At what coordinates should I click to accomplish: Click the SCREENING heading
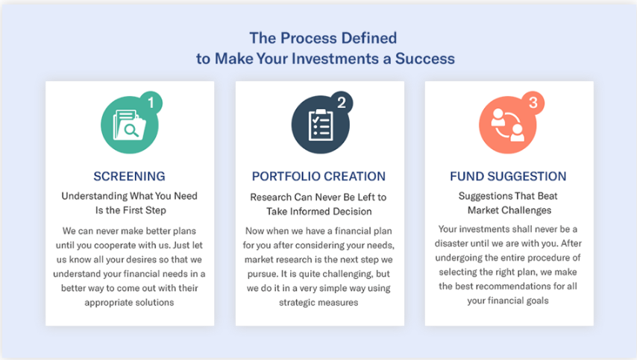129,177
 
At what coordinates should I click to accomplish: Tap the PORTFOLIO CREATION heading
318,177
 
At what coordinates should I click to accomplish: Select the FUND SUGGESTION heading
508,177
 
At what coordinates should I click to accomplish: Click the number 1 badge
151,103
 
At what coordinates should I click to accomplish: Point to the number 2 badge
341,103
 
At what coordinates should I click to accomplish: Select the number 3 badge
532,103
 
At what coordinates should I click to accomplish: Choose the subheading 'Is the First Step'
130,210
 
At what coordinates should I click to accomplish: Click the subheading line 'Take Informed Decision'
319,212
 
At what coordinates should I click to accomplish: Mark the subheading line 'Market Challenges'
509,210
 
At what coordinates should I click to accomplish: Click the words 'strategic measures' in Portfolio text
319,303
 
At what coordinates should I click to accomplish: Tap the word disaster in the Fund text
462,243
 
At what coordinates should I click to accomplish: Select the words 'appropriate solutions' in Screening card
129,303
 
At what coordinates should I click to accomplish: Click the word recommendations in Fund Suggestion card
514,286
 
